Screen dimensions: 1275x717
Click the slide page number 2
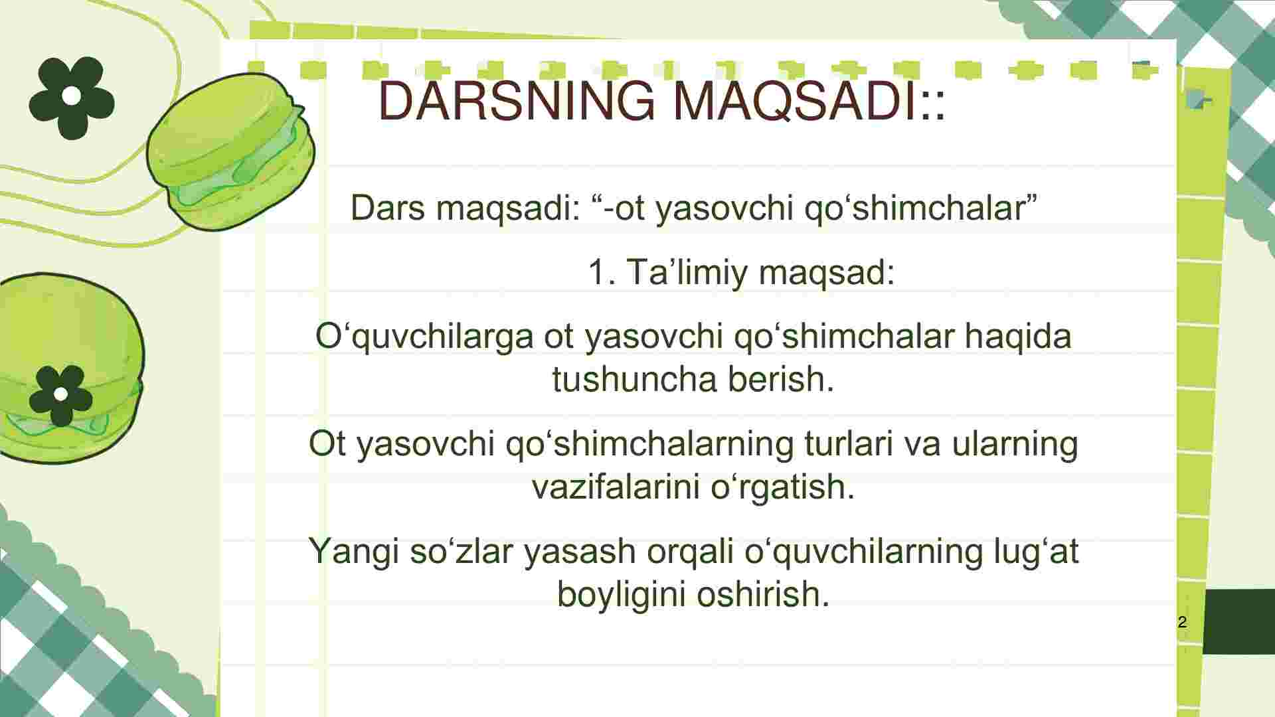pyautogui.click(x=1182, y=622)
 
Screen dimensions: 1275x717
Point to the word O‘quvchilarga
pyautogui.click(x=424, y=337)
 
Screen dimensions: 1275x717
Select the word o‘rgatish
pyautogui.click(x=783, y=487)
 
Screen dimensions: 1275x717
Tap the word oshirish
pyautogui.click(x=764, y=594)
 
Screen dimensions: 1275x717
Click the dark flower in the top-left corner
pyautogui.click(x=72, y=98)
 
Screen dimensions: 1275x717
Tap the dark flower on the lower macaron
pyautogui.click(x=60, y=396)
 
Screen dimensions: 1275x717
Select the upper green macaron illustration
pyautogui.click(x=230, y=151)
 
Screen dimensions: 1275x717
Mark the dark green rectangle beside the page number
pyautogui.click(x=1238, y=621)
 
